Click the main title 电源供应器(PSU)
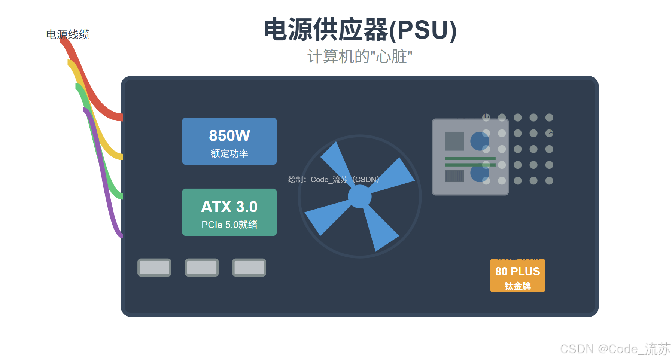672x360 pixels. click(360, 30)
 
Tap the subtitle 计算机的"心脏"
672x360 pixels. click(360, 57)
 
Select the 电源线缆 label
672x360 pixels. click(68, 34)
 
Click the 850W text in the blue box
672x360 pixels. click(229, 135)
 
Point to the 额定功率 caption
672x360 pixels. click(229, 153)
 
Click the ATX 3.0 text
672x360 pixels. click(229, 207)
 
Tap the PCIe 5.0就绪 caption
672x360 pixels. click(229, 225)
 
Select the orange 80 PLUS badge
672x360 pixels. click(517, 275)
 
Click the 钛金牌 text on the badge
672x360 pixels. click(517, 286)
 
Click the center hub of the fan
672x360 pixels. click(359, 196)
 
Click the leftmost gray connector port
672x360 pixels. click(154, 268)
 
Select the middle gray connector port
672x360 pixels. click(202, 268)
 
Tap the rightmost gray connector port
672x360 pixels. click(249, 268)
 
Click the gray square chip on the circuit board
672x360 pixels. click(454, 141)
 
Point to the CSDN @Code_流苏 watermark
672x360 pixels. click(615, 349)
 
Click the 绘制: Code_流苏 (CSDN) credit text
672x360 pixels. click(334, 180)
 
